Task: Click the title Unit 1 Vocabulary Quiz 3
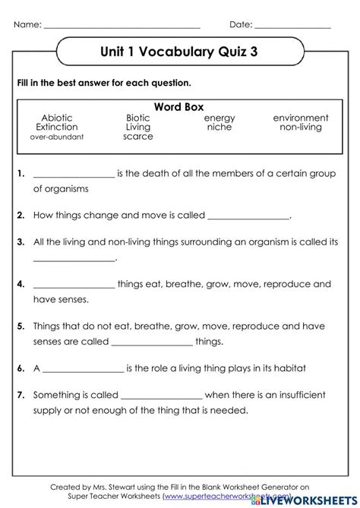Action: coord(179,54)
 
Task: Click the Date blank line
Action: coord(292,25)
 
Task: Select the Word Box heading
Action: coord(179,108)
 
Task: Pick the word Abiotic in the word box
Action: coord(57,118)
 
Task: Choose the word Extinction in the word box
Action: coord(57,128)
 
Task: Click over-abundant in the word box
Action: coord(57,137)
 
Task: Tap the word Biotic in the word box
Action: coord(138,118)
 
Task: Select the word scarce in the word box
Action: coord(138,137)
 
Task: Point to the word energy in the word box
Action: coord(219,118)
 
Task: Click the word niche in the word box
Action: coord(219,128)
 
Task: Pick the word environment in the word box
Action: coord(301,118)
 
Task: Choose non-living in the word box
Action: coord(301,128)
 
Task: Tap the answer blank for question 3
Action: coord(74,260)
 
